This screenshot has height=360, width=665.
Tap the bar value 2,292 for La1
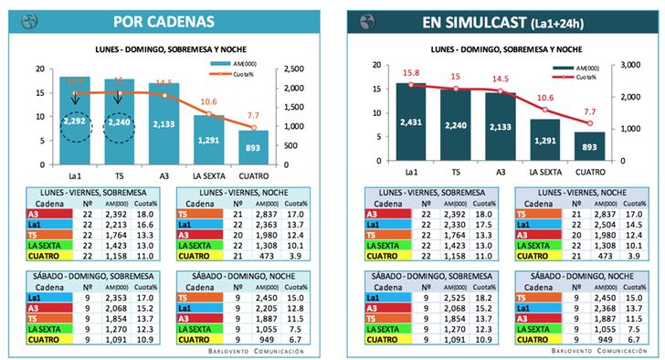coord(75,121)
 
